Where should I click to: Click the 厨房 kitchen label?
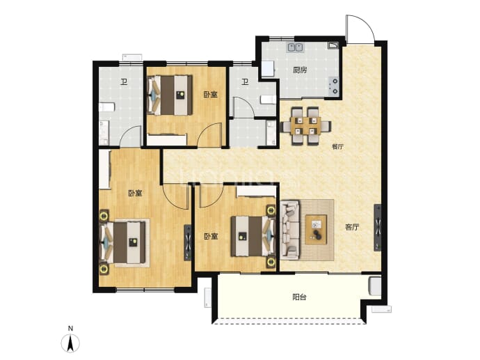pyautogui.click(x=300, y=70)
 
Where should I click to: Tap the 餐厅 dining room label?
pyautogui.click(x=337, y=147)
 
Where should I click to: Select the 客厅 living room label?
pyautogui.click(x=352, y=227)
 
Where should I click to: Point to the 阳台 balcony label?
pyautogui.click(x=299, y=297)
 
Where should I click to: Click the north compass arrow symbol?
pyautogui.click(x=70, y=343)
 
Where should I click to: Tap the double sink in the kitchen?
pyautogui.click(x=296, y=47)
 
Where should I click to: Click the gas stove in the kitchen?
pyautogui.click(x=334, y=86)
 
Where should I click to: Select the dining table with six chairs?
pyautogui.click(x=306, y=125)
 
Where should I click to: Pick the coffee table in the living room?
pyautogui.click(x=316, y=230)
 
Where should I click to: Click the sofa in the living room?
pyautogui.click(x=289, y=230)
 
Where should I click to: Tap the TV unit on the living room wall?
pyautogui.click(x=378, y=228)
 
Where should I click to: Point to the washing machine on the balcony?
pyautogui.click(x=376, y=286)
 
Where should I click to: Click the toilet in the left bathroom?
pyautogui.click(x=107, y=107)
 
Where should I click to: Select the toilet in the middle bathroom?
pyautogui.click(x=269, y=100)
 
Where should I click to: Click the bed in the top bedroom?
pyautogui.click(x=170, y=95)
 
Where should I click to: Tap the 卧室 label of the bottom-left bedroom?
pyautogui.click(x=135, y=194)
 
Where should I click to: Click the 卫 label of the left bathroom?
pyautogui.click(x=124, y=81)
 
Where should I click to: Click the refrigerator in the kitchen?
pyautogui.click(x=268, y=70)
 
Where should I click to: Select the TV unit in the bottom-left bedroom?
pyautogui.click(x=187, y=243)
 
